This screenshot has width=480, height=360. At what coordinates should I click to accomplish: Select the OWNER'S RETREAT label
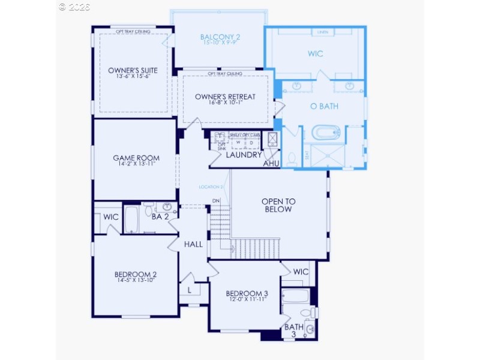point(225,97)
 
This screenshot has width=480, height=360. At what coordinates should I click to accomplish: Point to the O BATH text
point(321,106)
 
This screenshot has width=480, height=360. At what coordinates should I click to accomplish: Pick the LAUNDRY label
point(244,155)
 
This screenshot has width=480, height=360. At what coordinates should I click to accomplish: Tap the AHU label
point(271,163)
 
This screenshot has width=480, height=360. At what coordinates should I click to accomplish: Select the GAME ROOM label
point(135,158)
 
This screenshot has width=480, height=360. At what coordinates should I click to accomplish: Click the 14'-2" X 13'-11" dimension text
point(135,165)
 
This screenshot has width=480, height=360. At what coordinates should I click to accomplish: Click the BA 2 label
point(160,217)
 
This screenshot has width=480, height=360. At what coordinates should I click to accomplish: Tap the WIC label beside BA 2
point(110,216)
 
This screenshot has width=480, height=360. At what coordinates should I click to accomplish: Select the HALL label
point(193,244)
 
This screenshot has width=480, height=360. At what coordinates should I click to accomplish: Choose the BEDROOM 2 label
point(135,275)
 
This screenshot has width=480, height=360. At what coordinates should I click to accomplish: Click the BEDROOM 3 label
point(247,293)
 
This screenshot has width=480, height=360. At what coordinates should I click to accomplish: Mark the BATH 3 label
point(294,331)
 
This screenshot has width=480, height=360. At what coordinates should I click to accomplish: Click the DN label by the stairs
point(215,200)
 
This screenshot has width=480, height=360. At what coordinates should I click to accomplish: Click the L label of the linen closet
point(190,290)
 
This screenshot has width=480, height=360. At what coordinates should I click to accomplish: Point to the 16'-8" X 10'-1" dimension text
point(225,103)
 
